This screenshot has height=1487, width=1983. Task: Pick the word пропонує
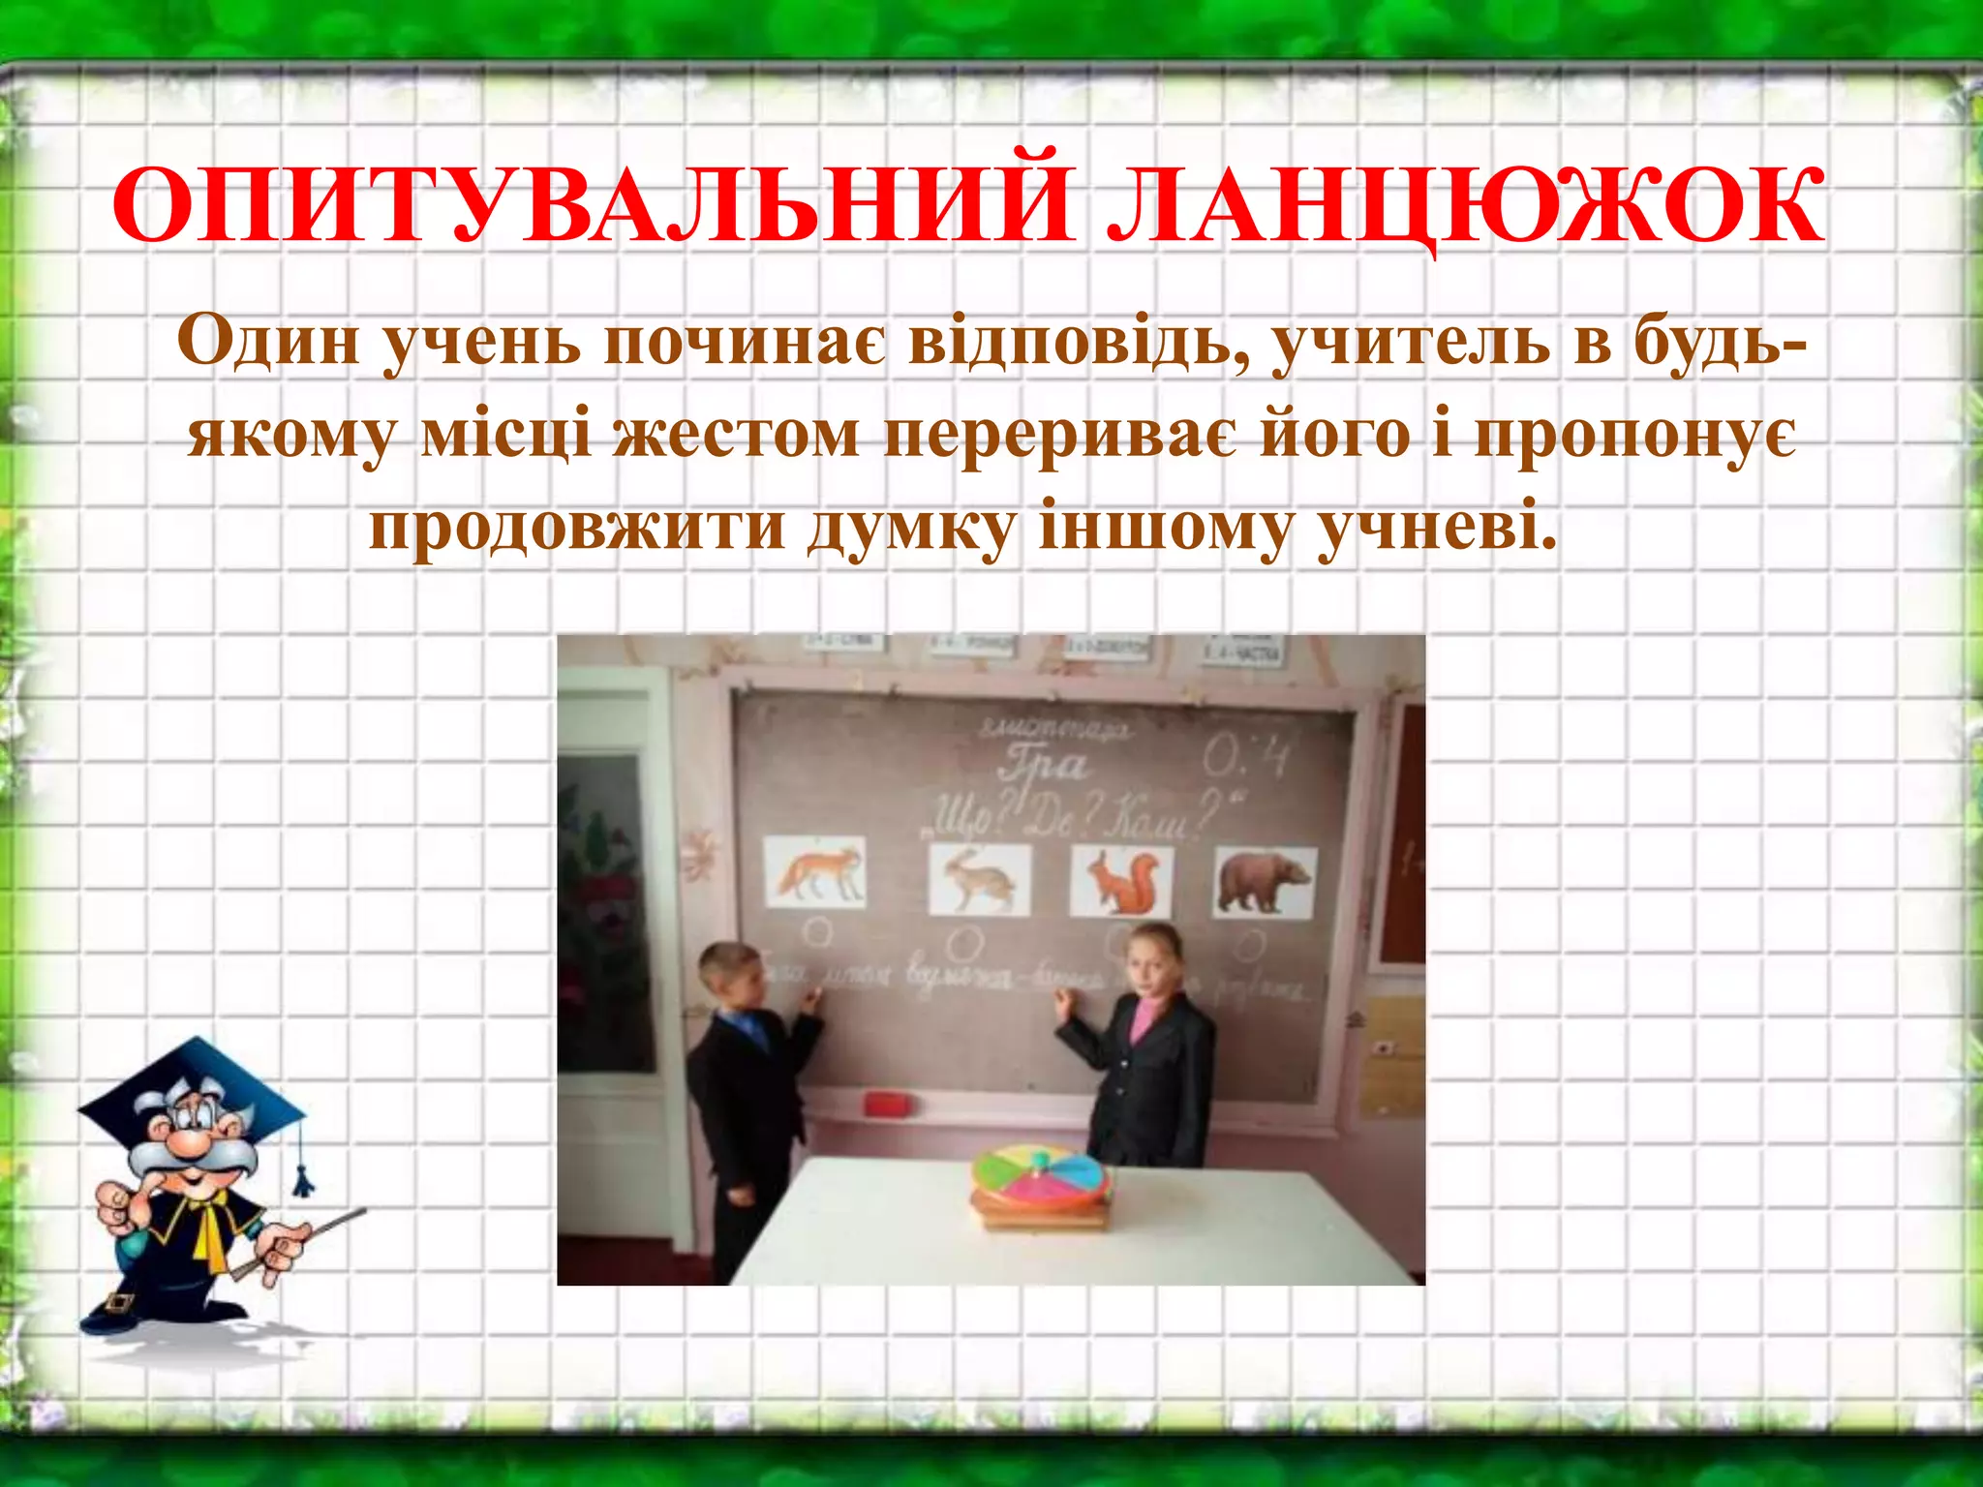1635,435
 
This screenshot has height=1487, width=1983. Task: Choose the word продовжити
576,529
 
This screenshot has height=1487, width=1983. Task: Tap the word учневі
1438,529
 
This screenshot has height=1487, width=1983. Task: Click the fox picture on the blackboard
815,872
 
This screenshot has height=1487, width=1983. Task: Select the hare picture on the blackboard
979,879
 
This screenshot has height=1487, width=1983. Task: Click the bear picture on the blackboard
1265,881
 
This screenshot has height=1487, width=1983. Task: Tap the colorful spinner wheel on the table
1041,1171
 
